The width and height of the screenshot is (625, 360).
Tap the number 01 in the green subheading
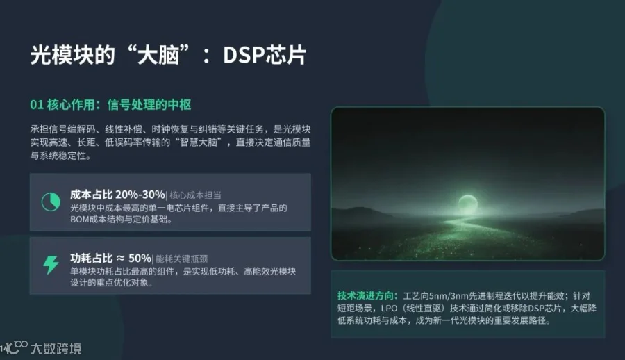[37, 105]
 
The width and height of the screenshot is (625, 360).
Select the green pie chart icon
[51, 202]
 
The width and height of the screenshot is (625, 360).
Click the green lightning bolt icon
[51, 265]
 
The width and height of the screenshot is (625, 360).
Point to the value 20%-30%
[140, 195]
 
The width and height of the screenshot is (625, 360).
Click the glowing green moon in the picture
[467, 203]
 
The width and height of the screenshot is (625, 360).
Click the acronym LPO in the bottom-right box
[389, 309]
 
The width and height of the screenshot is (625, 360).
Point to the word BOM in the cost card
[79, 220]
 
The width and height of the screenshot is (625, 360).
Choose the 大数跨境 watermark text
[56, 348]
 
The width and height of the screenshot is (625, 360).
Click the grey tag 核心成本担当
[195, 195]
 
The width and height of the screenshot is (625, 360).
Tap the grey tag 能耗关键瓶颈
[182, 259]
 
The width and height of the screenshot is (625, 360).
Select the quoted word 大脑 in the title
[158, 55]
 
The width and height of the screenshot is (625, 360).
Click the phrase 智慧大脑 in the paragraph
[199, 142]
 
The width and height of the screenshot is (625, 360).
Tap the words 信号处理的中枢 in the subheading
[149, 105]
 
